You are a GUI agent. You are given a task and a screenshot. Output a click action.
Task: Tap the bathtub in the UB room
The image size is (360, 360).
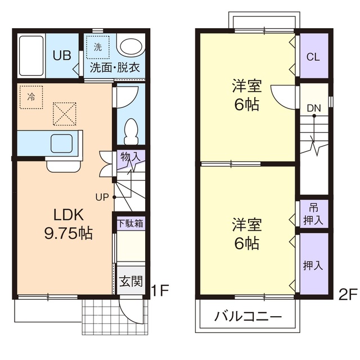click(x=31, y=57)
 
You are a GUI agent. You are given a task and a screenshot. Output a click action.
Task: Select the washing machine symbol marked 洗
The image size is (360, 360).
click(x=98, y=48)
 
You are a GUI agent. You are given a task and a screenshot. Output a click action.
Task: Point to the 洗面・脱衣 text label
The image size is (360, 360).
click(x=115, y=69)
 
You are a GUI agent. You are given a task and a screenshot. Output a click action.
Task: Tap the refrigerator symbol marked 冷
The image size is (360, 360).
click(x=31, y=96)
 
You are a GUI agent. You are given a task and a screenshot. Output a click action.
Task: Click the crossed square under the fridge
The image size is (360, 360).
click(x=64, y=113)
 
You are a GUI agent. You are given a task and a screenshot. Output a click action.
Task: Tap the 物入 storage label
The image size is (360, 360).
click(x=130, y=157)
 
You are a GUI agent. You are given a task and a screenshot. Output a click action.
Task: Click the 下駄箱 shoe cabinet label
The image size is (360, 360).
click(x=130, y=222)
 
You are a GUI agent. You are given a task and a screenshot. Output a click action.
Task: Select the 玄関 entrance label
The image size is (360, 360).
click(x=130, y=281)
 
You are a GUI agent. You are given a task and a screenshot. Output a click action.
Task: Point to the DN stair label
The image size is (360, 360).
click(x=314, y=107)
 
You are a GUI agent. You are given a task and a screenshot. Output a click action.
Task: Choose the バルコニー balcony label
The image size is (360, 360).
click(x=248, y=317)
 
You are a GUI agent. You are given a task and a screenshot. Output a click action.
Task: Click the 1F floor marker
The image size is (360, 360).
click(x=160, y=291)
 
